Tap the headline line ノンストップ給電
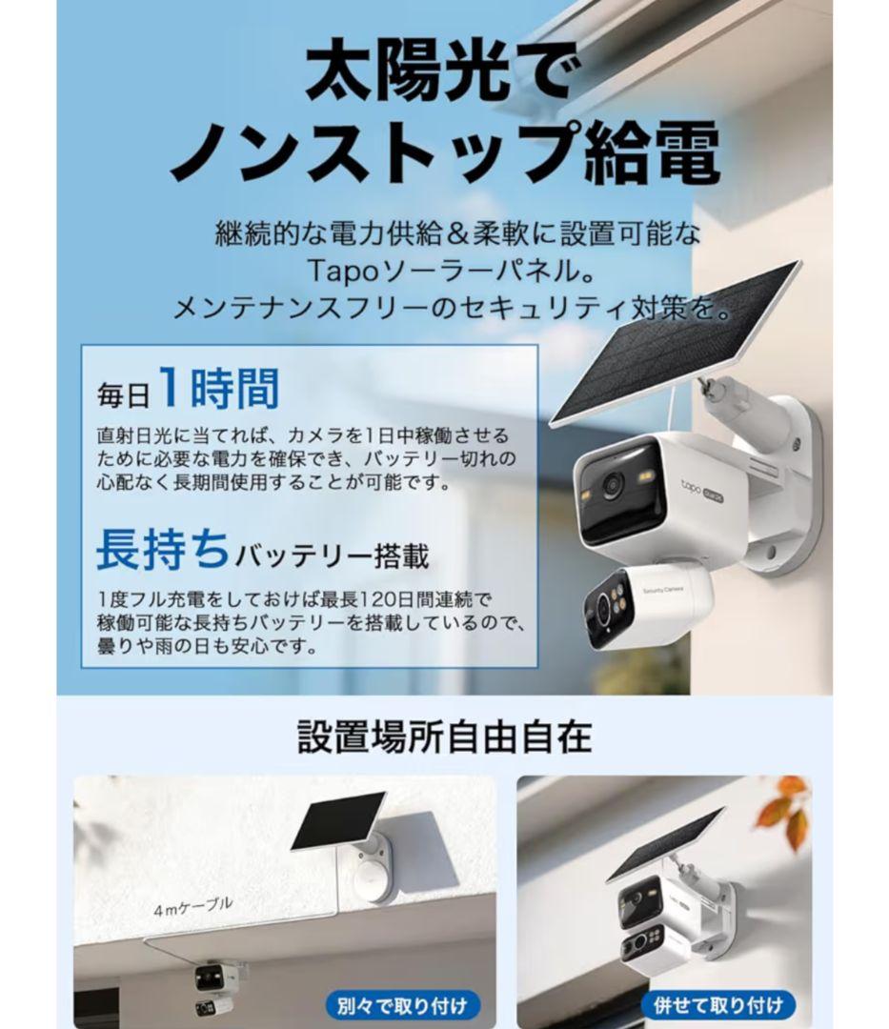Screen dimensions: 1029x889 [444, 152]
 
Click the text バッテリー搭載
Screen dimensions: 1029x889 [333, 555]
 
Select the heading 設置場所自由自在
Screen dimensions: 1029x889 [444, 736]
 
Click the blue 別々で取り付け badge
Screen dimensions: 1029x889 [402, 1004]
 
